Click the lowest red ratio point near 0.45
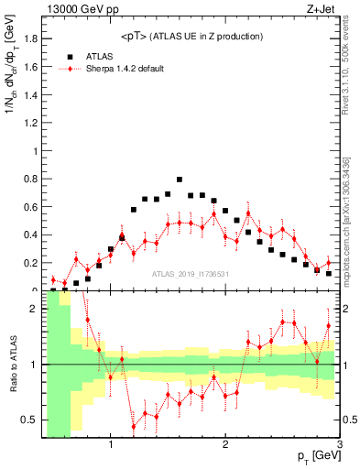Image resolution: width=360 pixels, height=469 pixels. (134, 427)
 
